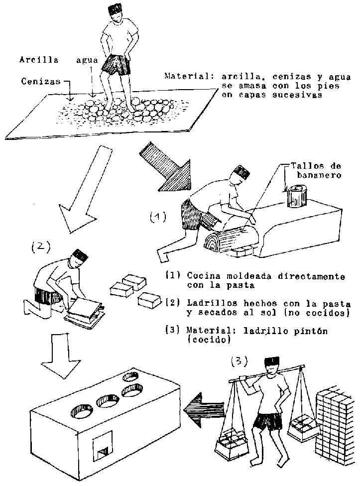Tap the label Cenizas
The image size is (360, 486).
[x=37, y=81]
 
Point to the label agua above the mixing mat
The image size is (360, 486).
[x=87, y=61]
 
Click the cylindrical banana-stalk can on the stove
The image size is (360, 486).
[x=297, y=196]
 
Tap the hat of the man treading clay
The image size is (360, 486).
[x=116, y=10]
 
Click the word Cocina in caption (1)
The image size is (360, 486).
[x=201, y=276]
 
